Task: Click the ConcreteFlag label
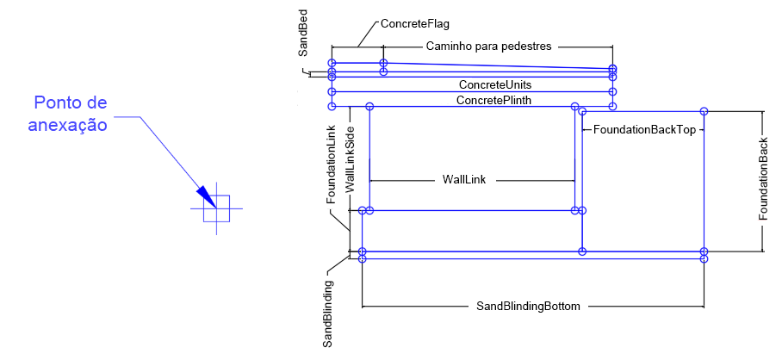[414, 24]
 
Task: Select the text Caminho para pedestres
[488, 47]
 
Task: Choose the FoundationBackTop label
[643, 129]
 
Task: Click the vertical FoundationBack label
[763, 179]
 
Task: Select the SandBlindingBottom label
[528, 306]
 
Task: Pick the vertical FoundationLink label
[331, 164]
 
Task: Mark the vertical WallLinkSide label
[350, 158]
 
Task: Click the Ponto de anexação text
[70, 114]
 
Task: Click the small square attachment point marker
[216, 209]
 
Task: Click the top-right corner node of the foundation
[704, 111]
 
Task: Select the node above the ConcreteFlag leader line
[383, 63]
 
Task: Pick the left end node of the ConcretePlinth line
[332, 106]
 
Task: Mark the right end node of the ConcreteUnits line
[612, 90]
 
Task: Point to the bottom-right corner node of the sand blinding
[704, 258]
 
